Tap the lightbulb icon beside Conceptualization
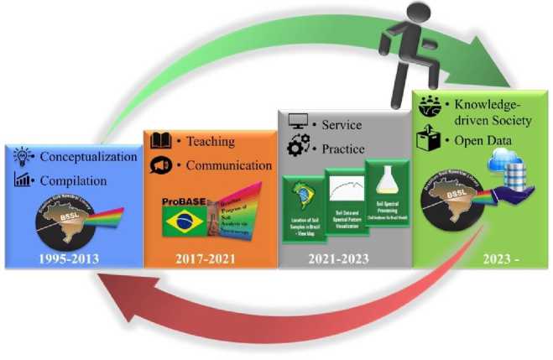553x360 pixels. tap(23, 156)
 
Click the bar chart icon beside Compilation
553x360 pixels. tap(23, 179)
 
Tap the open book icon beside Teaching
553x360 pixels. tap(160, 141)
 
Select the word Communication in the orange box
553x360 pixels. tap(231, 165)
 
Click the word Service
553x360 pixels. tap(339, 125)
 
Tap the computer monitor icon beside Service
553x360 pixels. tap(298, 123)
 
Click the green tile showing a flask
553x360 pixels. tap(385, 196)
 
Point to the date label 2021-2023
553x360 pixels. tap(346, 258)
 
